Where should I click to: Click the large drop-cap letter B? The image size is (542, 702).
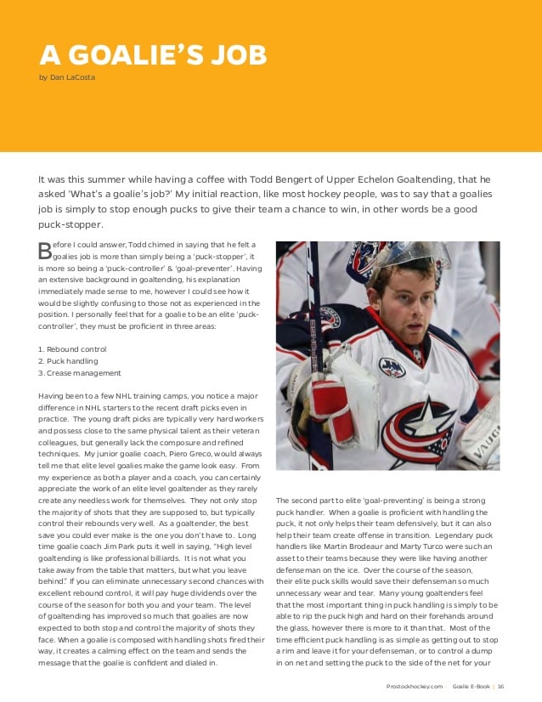tap(45, 250)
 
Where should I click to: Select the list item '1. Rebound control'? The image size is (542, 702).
tap(73, 348)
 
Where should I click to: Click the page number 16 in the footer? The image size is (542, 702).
tap(501, 686)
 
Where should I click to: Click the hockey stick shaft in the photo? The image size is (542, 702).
tap(313, 340)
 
